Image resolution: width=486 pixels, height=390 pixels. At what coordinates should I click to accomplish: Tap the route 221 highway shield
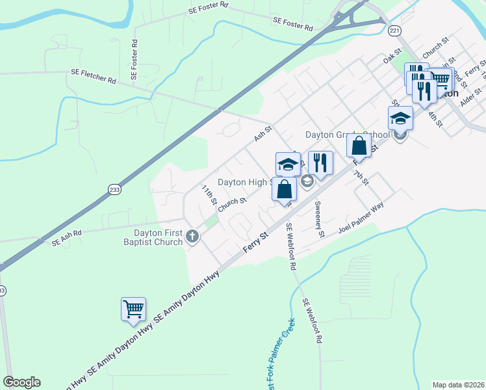pos(394,31)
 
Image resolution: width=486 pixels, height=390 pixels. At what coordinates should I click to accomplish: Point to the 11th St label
pos(208,194)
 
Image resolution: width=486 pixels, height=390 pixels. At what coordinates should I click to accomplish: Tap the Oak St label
pos(390,58)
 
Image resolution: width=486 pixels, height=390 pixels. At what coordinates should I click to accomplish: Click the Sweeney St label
pos(318,220)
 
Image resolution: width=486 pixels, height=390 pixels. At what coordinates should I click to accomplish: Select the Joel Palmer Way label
pos(361,218)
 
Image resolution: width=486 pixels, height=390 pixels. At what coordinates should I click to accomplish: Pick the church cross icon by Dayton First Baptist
pos(192,237)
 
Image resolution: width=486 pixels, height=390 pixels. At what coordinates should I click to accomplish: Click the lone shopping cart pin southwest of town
pos(133,309)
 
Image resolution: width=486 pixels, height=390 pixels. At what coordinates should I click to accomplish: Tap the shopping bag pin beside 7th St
pos(359,146)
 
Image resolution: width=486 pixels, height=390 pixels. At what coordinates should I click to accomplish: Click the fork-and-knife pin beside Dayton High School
pos(320,162)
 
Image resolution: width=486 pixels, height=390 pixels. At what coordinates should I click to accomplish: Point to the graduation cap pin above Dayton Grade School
pos(400,118)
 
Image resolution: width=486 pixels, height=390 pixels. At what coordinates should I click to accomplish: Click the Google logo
pos(21,382)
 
